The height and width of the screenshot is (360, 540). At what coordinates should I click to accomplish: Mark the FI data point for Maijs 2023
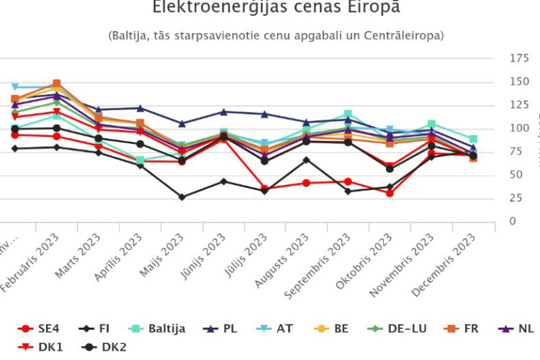[181, 197]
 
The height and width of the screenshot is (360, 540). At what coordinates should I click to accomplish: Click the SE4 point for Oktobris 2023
[390, 193]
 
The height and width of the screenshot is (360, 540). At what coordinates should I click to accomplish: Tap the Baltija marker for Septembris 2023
[348, 114]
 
